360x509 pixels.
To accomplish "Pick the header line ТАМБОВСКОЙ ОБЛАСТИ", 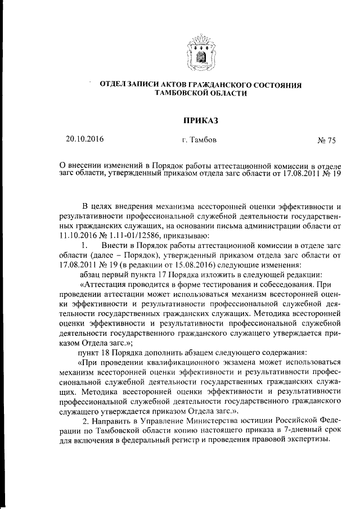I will tap(201, 93).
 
